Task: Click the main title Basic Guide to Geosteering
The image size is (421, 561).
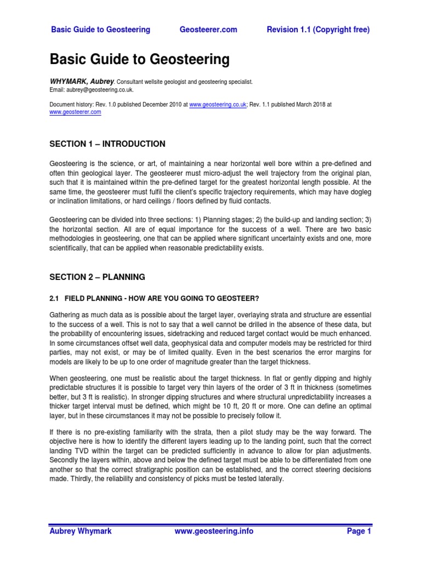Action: pos(140,59)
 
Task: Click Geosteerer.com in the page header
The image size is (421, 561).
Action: pos(208,30)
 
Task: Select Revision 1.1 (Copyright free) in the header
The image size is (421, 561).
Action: pos(318,30)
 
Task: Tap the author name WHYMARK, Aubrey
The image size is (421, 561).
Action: pos(77,82)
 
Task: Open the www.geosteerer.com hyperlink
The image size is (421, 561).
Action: pos(75,112)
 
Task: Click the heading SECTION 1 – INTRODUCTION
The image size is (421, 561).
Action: pos(107,144)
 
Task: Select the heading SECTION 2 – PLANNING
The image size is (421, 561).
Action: pos(98,277)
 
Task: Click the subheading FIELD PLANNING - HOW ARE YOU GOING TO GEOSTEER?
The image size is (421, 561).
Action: pos(162,298)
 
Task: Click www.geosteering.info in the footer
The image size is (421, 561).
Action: pos(214,531)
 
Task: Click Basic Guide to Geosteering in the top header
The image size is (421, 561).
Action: pos(100,30)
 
